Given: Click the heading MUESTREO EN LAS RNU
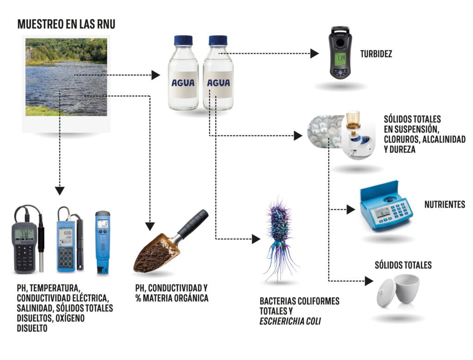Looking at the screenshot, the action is pyautogui.click(x=67, y=24).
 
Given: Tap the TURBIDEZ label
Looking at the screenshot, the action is pyautogui.click(x=376, y=54).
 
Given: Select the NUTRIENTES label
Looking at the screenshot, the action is pyautogui.click(x=445, y=204).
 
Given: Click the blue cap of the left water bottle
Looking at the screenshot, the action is pyautogui.click(x=183, y=40).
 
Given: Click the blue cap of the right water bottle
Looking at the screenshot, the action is pyautogui.click(x=218, y=40).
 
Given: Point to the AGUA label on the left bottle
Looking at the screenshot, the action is pyautogui.click(x=183, y=83).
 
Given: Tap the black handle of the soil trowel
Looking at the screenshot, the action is pyautogui.click(x=193, y=223).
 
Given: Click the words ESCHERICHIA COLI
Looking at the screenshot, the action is pyautogui.click(x=290, y=321).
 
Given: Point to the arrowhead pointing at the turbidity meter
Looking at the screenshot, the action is pyautogui.click(x=315, y=54).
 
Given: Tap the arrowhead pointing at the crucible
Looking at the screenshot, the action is pyautogui.click(x=369, y=281).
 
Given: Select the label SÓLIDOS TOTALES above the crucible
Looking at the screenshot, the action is pyautogui.click(x=403, y=265).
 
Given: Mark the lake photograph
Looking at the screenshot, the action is pyautogui.click(x=66, y=77).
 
